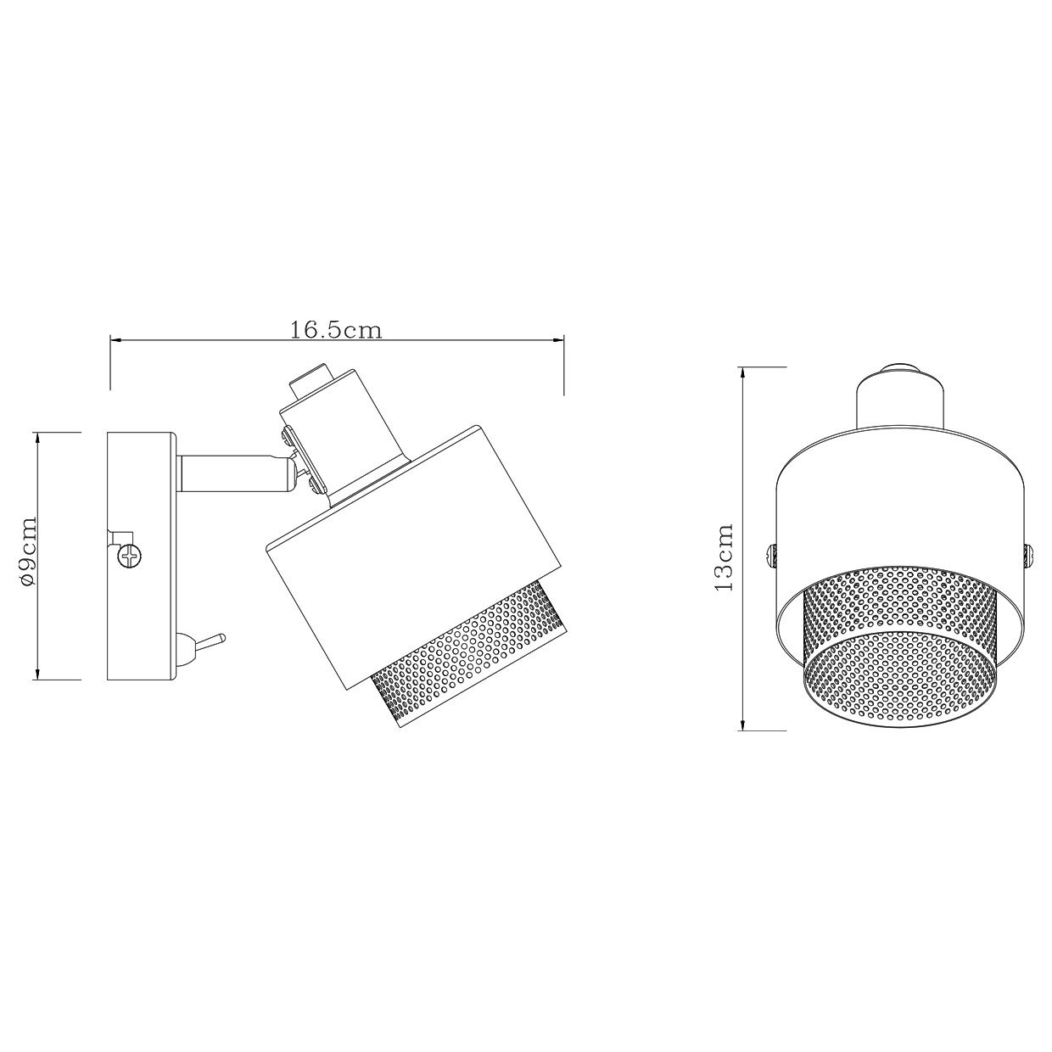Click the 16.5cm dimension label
pos(335,330)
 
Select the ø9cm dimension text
pos(27,552)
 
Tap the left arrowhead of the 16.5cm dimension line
pos(115,341)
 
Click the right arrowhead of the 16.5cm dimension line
pos(558,341)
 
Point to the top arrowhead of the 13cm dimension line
pos(742,373)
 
